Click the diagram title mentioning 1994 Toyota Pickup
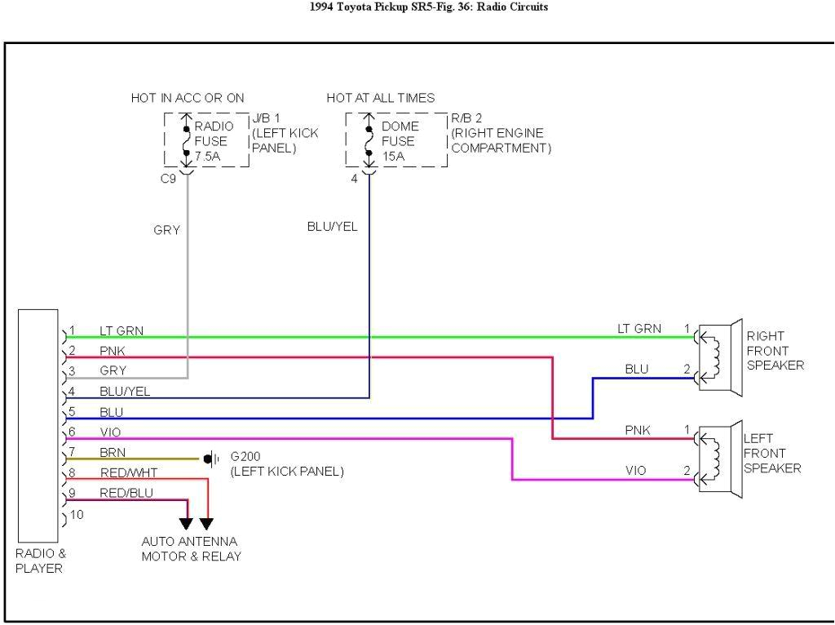(x=417, y=7)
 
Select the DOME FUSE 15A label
(x=400, y=141)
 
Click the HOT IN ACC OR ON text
(x=188, y=98)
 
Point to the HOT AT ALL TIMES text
(x=381, y=98)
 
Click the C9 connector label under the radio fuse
(x=168, y=178)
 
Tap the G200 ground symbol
(x=210, y=459)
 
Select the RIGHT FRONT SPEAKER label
(x=775, y=351)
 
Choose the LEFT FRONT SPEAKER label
(x=771, y=454)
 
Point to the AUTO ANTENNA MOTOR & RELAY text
(x=191, y=549)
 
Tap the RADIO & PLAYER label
(x=40, y=561)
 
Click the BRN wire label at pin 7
(x=113, y=452)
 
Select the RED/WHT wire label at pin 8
(x=129, y=472)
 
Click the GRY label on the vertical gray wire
(x=166, y=230)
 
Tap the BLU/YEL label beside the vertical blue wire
(x=332, y=227)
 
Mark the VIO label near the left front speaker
(x=636, y=472)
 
